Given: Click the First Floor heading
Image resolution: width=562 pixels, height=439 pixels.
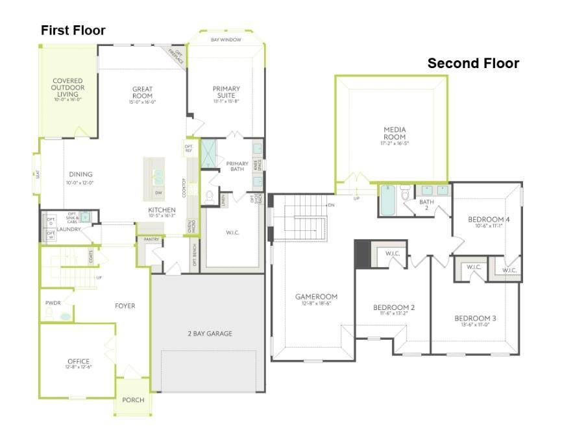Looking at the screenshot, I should (73, 30).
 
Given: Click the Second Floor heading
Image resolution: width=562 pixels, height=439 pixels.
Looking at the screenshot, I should (472, 64).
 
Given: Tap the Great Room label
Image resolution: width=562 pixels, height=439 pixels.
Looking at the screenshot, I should (141, 93).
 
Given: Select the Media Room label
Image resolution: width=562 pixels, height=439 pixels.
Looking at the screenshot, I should (394, 133).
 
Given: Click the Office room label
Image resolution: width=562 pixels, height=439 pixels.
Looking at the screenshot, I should (79, 361).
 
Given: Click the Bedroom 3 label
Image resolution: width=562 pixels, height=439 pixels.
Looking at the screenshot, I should (475, 318).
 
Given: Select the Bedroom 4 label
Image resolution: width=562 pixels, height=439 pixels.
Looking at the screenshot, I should (488, 220).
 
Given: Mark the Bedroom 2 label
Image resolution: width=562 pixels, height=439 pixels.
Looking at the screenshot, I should (394, 307).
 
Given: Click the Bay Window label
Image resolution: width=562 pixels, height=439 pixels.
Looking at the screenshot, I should (226, 40).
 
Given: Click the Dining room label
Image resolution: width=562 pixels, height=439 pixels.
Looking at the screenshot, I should (80, 174).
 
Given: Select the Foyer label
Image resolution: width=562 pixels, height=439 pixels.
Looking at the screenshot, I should (125, 306).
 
